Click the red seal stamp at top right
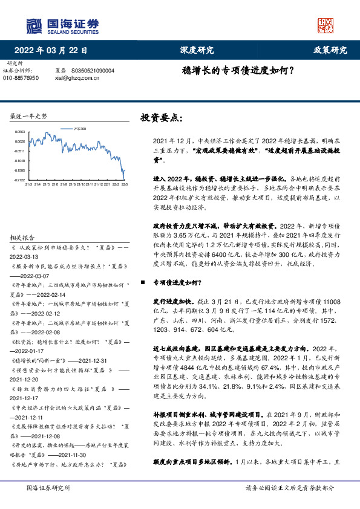[326, 25]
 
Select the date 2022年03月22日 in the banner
[54, 50]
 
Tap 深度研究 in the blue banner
[197, 50]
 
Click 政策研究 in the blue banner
[330, 50]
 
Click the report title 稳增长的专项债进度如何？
[238, 70]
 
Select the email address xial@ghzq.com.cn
[76, 78]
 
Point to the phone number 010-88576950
[21, 78]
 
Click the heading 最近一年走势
[28, 116]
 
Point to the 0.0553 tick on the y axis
[20, 131]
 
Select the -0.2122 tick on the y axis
[20, 180]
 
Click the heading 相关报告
[23, 220]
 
